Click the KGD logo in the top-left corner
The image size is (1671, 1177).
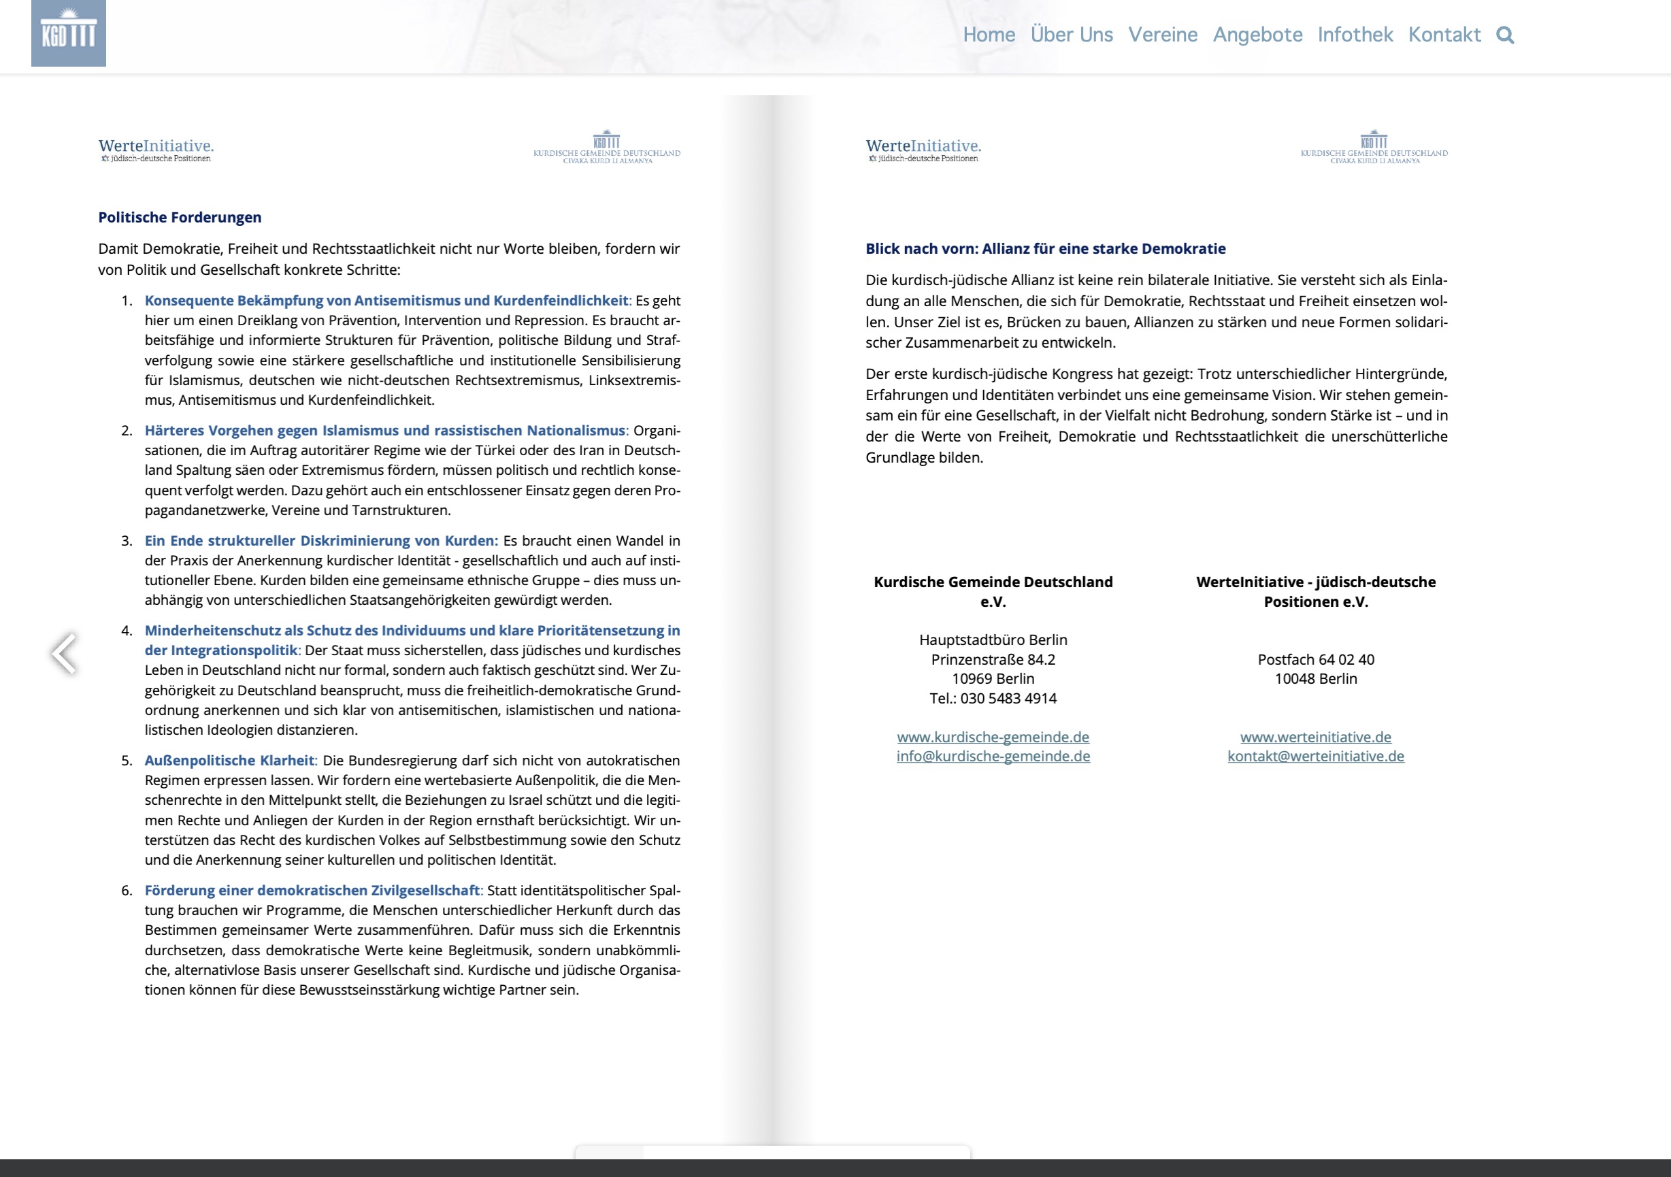(69, 33)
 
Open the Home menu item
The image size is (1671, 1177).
(989, 35)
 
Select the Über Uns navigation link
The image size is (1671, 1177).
(1072, 35)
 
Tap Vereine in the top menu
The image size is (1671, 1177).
(1162, 35)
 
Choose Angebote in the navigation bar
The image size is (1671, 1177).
(1257, 35)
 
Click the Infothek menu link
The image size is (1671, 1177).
(1355, 35)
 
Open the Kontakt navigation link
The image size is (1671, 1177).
(1444, 35)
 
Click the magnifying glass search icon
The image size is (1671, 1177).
(1505, 35)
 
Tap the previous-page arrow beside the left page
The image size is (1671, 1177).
(64, 653)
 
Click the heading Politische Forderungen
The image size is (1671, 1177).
(180, 217)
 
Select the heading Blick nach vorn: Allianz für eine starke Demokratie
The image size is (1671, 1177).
(1045, 248)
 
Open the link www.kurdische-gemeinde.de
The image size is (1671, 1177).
(993, 737)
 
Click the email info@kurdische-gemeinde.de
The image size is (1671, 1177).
(993, 756)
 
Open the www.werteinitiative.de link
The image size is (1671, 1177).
(1315, 737)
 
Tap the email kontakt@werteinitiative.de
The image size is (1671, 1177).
(1315, 756)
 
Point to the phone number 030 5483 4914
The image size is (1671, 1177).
(1008, 698)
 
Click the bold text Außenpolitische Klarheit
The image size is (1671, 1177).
(229, 760)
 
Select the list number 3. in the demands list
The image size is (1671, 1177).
(127, 540)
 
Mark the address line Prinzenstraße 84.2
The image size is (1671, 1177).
(993, 659)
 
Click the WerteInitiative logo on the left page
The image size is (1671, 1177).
(156, 149)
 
